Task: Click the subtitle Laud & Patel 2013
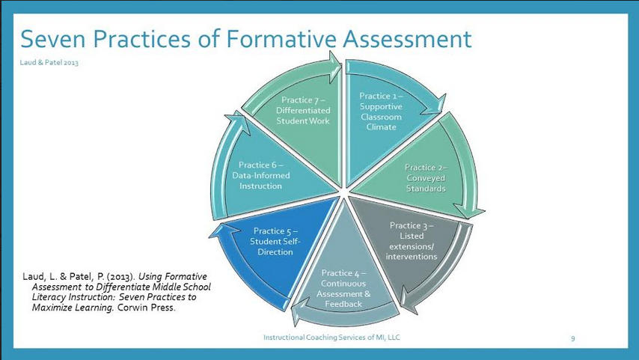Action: point(49,62)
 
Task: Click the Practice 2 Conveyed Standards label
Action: point(425,178)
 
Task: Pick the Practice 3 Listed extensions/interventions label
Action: point(411,241)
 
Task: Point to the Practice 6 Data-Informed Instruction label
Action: point(260,175)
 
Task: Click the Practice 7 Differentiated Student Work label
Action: point(303,110)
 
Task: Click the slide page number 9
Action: point(573,338)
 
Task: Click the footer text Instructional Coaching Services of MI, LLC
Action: point(331,338)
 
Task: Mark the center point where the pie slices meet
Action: point(341,196)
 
